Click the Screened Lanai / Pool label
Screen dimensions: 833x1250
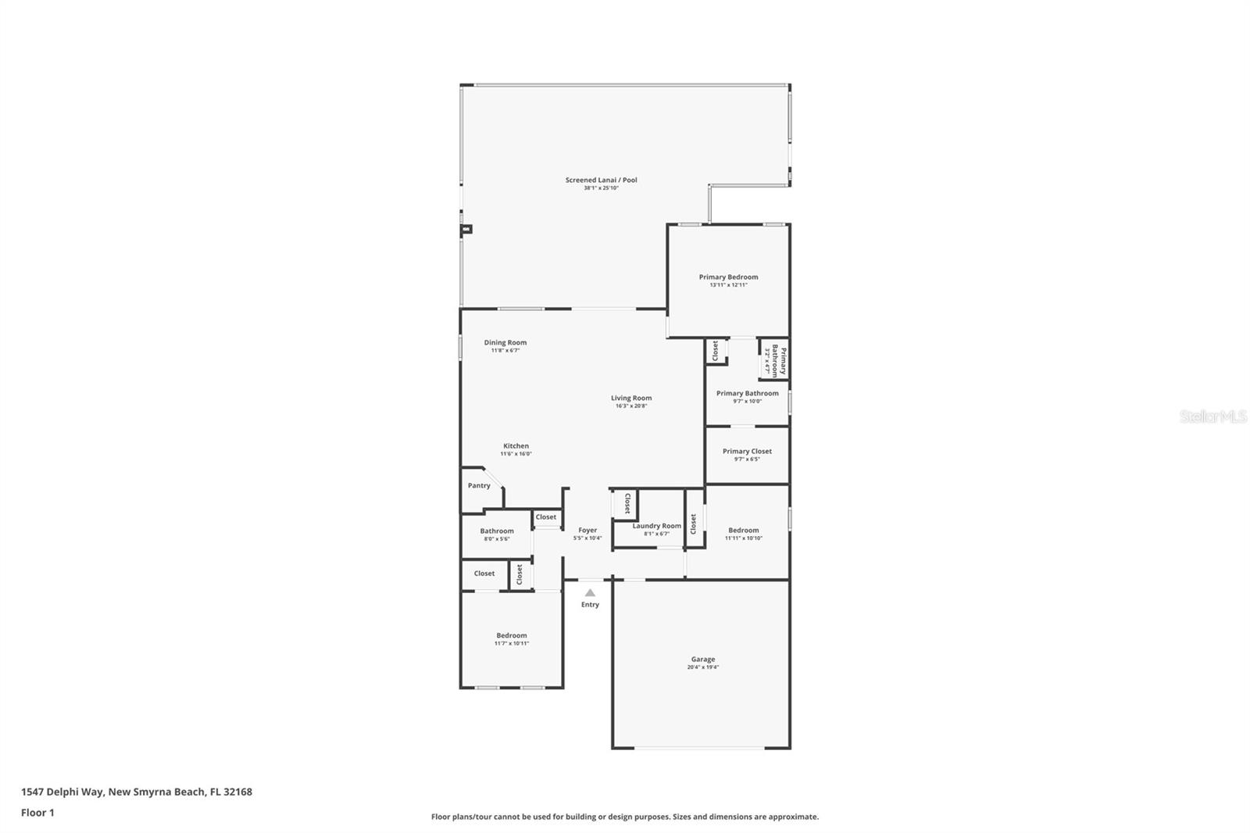click(x=601, y=180)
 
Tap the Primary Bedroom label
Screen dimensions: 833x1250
click(x=728, y=277)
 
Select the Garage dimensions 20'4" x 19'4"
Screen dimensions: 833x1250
click(x=702, y=667)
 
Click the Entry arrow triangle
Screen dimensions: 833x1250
click(x=590, y=593)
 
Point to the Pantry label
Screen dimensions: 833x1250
click(x=479, y=485)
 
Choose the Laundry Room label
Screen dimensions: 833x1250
click(x=656, y=526)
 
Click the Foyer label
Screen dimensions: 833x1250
click(x=587, y=530)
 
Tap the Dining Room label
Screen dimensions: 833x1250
click(x=505, y=342)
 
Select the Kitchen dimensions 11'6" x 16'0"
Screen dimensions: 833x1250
click(x=516, y=454)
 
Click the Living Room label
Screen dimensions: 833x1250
click(x=630, y=398)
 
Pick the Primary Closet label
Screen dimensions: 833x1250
click(x=746, y=451)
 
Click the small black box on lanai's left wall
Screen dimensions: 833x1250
click(x=466, y=229)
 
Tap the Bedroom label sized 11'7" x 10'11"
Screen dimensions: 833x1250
click(x=511, y=635)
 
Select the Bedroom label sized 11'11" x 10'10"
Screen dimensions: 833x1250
click(x=743, y=530)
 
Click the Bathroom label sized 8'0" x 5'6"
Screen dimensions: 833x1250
click(x=496, y=531)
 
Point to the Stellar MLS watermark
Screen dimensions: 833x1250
click(x=1212, y=417)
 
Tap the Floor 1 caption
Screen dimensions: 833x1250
click(x=37, y=813)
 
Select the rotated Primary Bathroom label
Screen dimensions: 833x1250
click(x=779, y=359)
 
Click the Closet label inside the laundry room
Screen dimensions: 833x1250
click(x=627, y=503)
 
